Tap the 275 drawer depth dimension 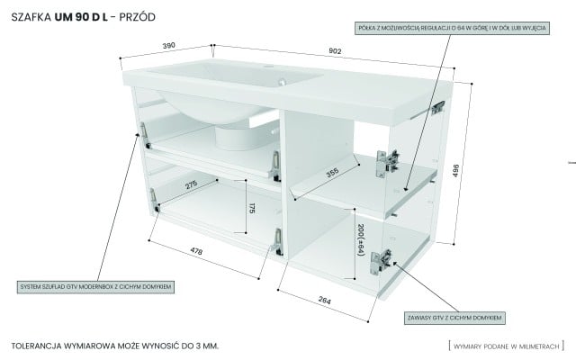point(192,185)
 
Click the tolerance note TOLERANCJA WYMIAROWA point(116,346)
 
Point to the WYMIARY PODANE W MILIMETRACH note point(507,346)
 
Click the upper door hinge point(389,159)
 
